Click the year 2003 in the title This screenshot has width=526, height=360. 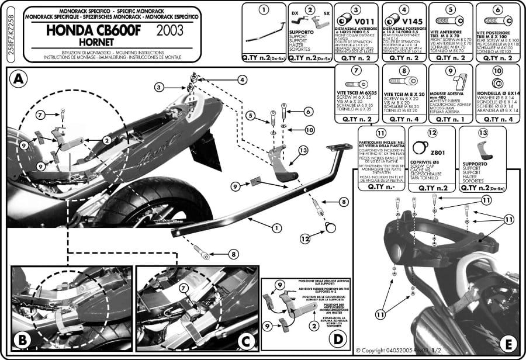coord(170,27)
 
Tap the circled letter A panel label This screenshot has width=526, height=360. coord(19,79)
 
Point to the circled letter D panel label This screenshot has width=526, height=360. coord(338,338)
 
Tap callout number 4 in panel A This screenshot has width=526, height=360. coord(241,80)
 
